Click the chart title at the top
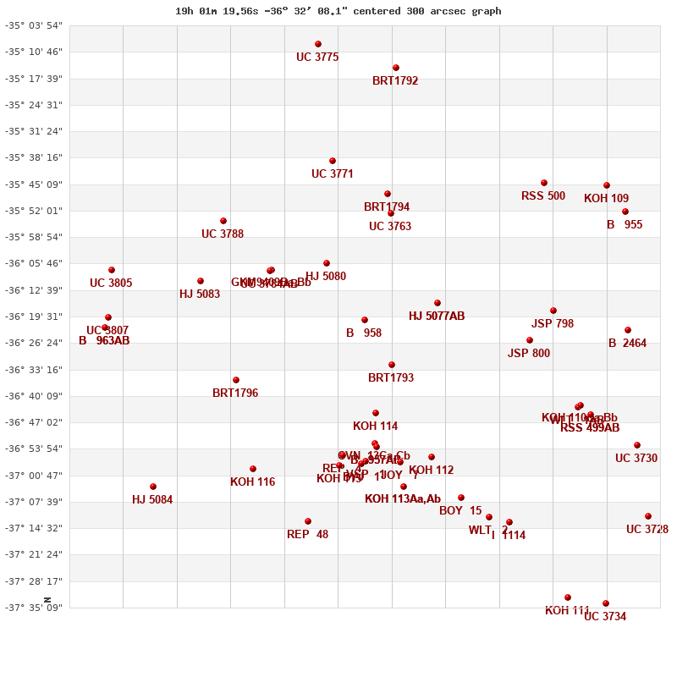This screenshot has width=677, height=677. coord(338,11)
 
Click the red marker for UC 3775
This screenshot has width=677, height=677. coord(318,44)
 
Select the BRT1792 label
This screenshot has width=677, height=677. coord(395,81)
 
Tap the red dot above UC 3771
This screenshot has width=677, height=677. coord(333,161)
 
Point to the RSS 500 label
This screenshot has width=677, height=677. coord(543,196)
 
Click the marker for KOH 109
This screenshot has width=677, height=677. coord(607,185)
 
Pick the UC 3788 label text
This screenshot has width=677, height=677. coord(223,234)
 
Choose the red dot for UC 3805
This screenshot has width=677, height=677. coord(112,270)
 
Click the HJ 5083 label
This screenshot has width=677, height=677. coord(200,294)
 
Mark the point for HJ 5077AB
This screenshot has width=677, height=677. coord(438,303)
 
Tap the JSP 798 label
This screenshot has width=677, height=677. coord(553,324)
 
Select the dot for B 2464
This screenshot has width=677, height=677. coord(628,330)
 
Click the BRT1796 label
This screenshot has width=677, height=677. coord(235,394)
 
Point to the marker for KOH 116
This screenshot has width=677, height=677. coord(253,469)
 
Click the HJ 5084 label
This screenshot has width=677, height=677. coord(152,500)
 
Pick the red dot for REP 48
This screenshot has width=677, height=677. coord(308,521)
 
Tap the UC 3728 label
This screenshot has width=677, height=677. coord(647,530)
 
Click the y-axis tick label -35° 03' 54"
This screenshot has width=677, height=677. coord(34,25)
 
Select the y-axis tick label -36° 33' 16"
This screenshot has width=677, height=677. coord(34,369)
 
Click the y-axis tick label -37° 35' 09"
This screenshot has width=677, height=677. coord(34,607)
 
